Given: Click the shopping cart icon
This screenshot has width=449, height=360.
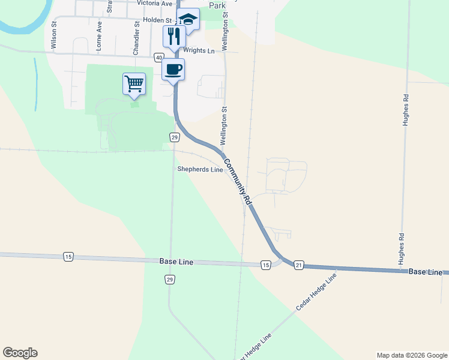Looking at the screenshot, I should [134, 83].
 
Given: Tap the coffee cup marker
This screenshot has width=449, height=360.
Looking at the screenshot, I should [173, 70].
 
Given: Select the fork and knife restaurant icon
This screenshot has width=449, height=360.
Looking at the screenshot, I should [174, 36].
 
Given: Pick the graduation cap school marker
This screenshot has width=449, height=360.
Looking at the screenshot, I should [188, 19].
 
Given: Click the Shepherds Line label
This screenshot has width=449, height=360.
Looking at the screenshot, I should [200, 170].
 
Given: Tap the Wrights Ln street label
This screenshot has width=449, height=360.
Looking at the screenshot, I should [199, 51].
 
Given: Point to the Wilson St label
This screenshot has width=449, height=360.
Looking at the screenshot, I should [54, 36].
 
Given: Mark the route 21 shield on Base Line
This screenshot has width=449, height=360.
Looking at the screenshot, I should [299, 265].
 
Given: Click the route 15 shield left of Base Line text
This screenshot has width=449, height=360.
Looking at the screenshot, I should [68, 257].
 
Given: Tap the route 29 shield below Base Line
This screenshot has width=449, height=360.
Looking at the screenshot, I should [170, 280].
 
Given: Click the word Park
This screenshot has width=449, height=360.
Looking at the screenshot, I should [217, 5].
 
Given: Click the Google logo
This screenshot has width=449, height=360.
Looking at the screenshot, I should [20, 353].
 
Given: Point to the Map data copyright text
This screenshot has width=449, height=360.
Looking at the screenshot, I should [411, 355].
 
